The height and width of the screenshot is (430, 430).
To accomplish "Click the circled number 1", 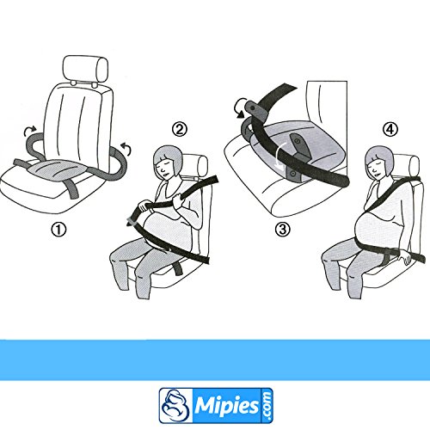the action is coord(58,230).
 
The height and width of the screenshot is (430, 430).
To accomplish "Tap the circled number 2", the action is coord(180,129).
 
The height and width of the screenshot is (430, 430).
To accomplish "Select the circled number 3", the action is coord(283,230).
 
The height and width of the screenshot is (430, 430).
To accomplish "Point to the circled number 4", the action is coord(390,129).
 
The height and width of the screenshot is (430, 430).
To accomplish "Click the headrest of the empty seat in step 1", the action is coord(85,69).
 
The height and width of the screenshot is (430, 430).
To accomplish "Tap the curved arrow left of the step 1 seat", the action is coord(30,131).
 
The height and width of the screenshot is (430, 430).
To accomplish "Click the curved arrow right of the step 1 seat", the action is coord(126,148).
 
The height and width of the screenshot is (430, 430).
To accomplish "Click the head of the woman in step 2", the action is coord(167,162).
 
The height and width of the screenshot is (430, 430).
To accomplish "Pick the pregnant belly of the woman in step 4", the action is coord(372,230).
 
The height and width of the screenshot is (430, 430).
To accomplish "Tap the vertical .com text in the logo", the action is coord(267,405).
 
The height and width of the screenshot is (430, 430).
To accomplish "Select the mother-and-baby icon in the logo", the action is coord(175,405).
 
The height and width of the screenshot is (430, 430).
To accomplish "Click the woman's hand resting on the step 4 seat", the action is coord(406,256).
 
